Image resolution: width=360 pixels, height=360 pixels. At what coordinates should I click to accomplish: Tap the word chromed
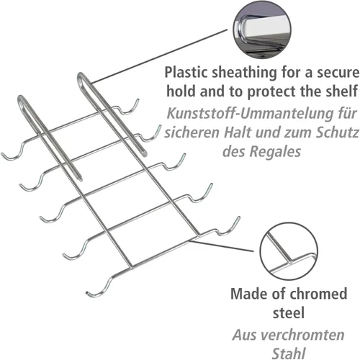pos(314,294)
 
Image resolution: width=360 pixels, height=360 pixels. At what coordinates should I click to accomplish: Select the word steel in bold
pos(289,313)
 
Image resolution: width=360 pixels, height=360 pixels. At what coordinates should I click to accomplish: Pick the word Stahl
pos(289,354)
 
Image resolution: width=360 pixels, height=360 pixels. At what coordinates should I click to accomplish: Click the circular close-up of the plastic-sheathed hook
pos(262,30)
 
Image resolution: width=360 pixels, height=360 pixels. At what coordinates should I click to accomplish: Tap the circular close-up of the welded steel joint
pos(289,251)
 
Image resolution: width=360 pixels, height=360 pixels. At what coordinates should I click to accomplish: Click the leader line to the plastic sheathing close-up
pos(159,57)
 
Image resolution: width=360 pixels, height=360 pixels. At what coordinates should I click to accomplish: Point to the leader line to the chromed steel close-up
pos(221,246)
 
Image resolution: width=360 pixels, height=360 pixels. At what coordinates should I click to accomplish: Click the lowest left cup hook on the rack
pos(99,287)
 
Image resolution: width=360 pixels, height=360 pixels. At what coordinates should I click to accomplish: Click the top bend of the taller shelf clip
pos(81,76)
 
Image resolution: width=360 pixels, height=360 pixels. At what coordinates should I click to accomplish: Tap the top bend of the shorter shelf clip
pos(22,99)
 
